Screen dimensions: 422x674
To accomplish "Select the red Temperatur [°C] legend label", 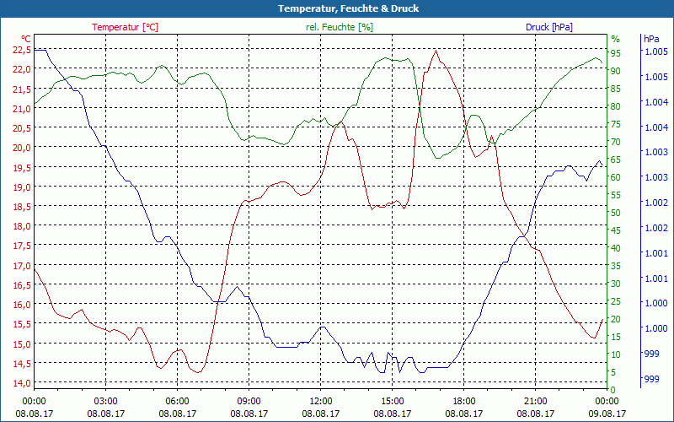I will coord(125,27).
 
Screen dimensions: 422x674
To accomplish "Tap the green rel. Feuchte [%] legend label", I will coord(340,27).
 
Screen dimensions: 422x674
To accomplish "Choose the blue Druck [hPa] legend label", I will coord(548,27).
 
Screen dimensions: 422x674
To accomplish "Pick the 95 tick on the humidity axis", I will coord(616,53).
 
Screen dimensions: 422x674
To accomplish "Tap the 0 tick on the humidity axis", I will coord(613,389).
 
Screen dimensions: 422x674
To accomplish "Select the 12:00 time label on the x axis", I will coord(321,401).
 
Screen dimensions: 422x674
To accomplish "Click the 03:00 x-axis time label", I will coord(105,401).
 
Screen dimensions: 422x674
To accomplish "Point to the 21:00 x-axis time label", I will coord(536,401).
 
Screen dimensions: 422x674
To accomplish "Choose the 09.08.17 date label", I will coord(607,414).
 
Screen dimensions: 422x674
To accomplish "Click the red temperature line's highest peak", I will coord(436,50).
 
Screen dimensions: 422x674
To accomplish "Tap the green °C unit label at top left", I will coord(26,39).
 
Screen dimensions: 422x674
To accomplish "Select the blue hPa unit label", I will coord(650,39).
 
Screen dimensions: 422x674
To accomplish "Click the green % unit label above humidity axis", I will coord(616,39).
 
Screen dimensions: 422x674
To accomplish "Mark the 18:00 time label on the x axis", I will coord(464,401).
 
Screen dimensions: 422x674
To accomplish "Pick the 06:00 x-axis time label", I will coord(178,401).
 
